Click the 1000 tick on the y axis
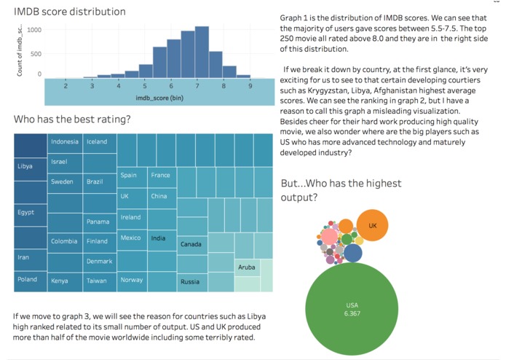coord(35,31)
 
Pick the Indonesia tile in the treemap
coord(65,143)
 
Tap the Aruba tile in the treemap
coord(247,267)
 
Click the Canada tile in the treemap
coord(191,244)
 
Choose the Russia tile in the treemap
coord(191,281)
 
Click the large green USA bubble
coord(352,309)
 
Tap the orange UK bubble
coord(372,225)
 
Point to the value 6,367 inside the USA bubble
coord(352,313)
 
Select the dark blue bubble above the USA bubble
coord(353,253)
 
